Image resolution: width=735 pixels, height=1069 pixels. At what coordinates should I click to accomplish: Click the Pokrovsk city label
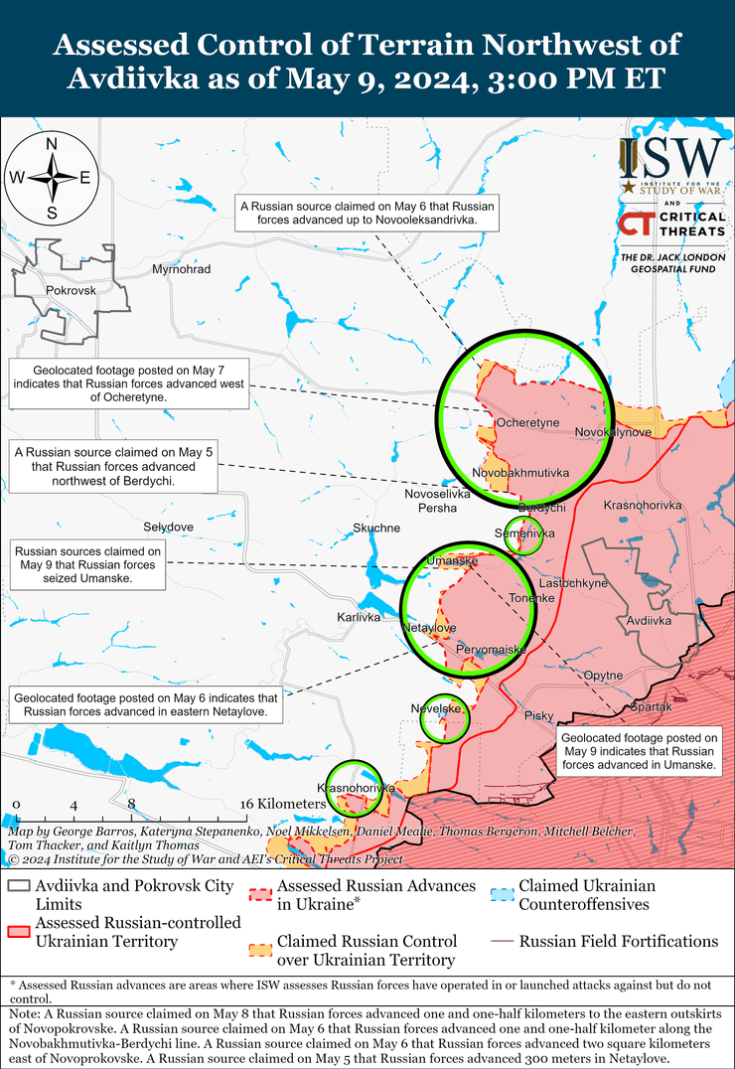click(x=71, y=290)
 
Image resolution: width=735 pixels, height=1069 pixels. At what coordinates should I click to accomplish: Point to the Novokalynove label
click(x=613, y=432)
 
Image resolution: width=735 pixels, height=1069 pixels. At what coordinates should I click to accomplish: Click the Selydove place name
click(x=168, y=526)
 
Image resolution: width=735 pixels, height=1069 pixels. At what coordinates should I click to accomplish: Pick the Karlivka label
click(x=359, y=617)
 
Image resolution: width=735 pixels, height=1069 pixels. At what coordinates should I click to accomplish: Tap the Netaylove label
click(x=429, y=629)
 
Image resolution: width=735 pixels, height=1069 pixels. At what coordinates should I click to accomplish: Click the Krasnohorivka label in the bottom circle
click(x=356, y=788)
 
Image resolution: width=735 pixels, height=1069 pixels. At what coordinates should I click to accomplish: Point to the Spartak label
click(x=651, y=706)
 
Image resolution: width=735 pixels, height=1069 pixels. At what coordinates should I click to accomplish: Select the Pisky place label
click(x=538, y=715)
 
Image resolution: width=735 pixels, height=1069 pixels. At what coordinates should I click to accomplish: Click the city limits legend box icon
click(x=18, y=886)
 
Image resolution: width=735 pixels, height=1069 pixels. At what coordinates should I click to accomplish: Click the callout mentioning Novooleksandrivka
click(x=367, y=213)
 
